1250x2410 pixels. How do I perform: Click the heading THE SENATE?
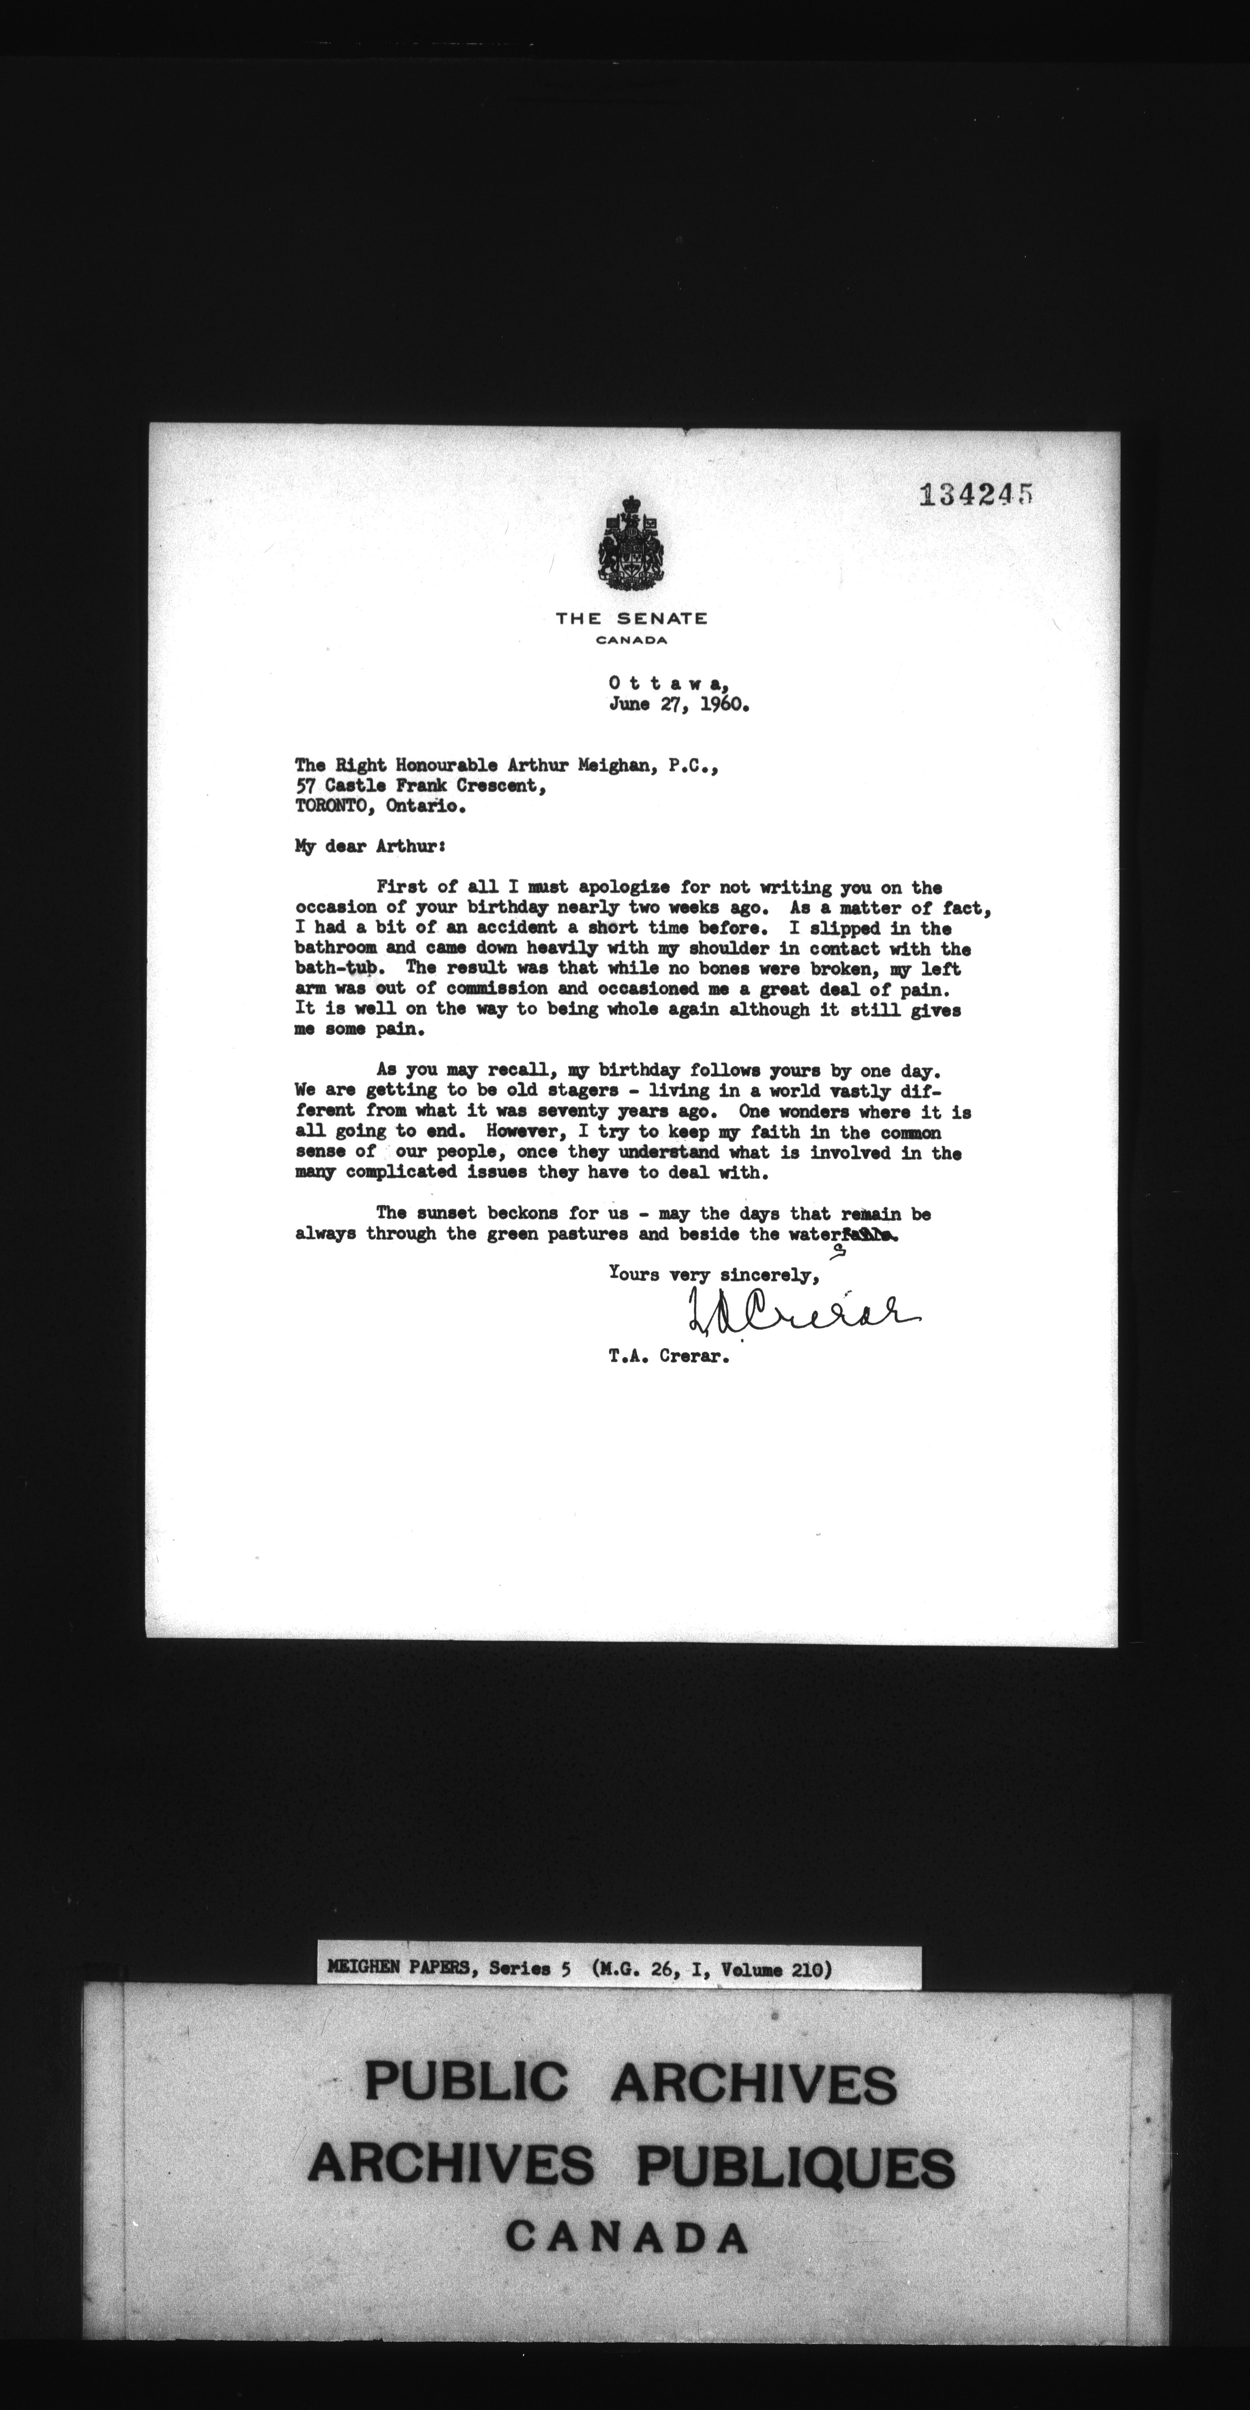click(x=631, y=618)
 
